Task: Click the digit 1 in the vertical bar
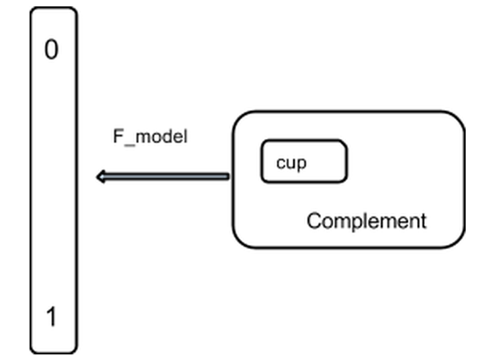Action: (x=51, y=318)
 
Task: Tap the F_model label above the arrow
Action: (x=149, y=136)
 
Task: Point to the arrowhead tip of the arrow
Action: (x=97, y=176)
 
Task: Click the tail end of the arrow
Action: (x=228, y=176)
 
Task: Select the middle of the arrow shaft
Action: (x=164, y=176)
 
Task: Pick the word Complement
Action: (x=367, y=220)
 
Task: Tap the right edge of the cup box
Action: (x=347, y=162)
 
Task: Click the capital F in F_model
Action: (x=117, y=136)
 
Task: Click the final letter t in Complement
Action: (x=423, y=220)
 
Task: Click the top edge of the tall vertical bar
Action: (x=54, y=8)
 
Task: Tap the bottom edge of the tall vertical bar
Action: (x=54, y=353)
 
